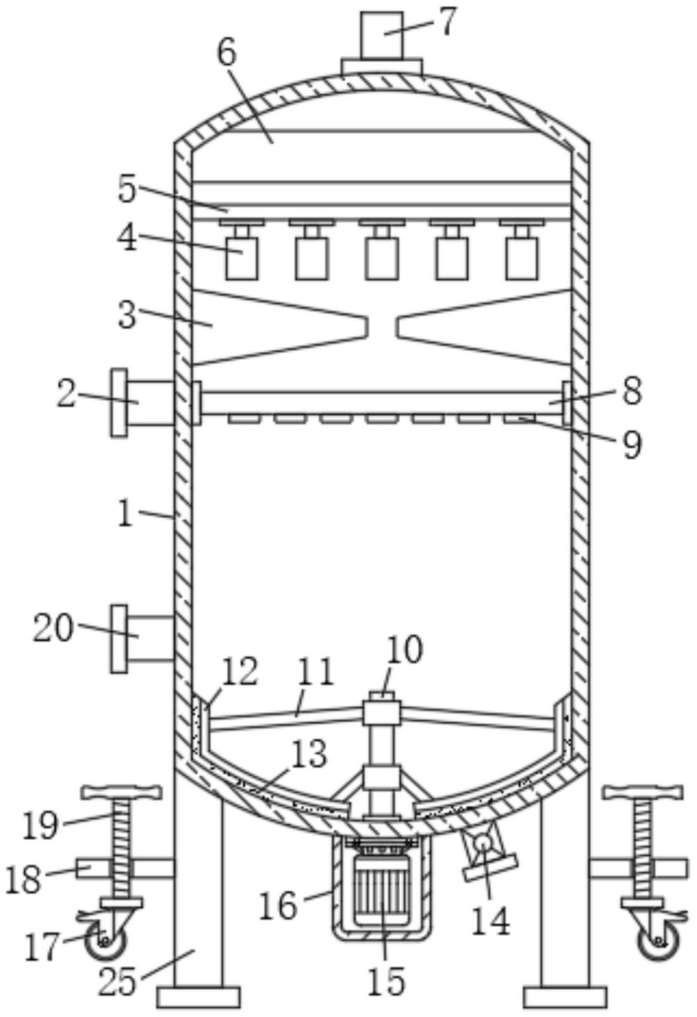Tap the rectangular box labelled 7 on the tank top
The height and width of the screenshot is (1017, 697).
[382, 35]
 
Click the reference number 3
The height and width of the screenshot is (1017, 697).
[127, 316]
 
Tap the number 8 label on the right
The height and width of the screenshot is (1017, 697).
[632, 390]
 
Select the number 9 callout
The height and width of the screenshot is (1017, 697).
[632, 445]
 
